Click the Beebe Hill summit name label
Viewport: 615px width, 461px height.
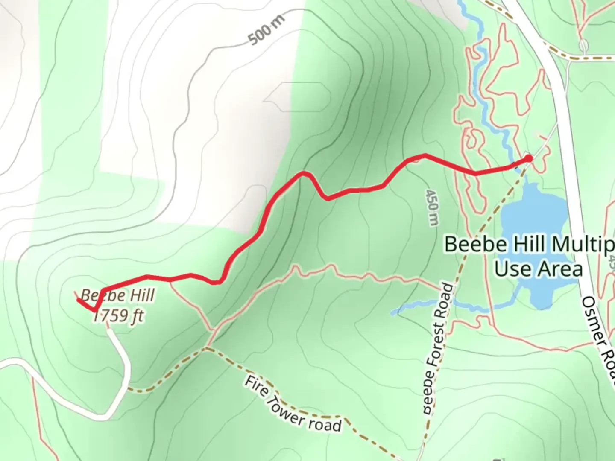coord(118,295)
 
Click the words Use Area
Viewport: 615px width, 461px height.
coord(538,269)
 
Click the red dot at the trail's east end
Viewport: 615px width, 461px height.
coord(528,159)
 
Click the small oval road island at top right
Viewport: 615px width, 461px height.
coord(583,45)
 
